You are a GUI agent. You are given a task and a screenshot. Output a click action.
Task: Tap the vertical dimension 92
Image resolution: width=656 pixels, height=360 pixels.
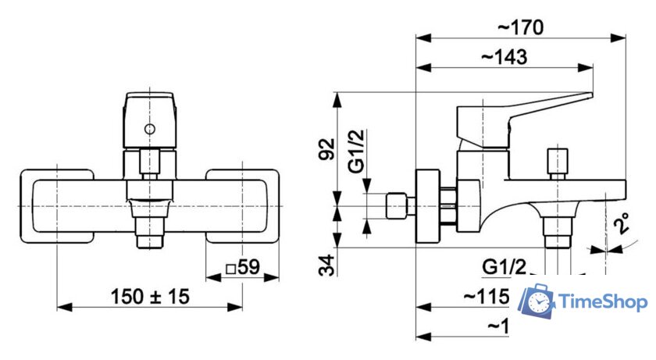coord(327,148)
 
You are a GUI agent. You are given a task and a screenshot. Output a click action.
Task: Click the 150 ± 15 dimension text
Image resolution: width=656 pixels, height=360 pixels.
coord(150,297)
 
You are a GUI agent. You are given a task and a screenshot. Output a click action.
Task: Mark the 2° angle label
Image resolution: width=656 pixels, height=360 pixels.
coord(622,226)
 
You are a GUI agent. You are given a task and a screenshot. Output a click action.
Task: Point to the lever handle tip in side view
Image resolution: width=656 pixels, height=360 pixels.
coord(586,98)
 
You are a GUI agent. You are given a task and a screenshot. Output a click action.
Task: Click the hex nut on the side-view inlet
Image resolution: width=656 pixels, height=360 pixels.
coord(398,207)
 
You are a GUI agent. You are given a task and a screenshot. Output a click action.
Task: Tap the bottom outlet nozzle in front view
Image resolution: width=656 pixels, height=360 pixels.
coord(149,234)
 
